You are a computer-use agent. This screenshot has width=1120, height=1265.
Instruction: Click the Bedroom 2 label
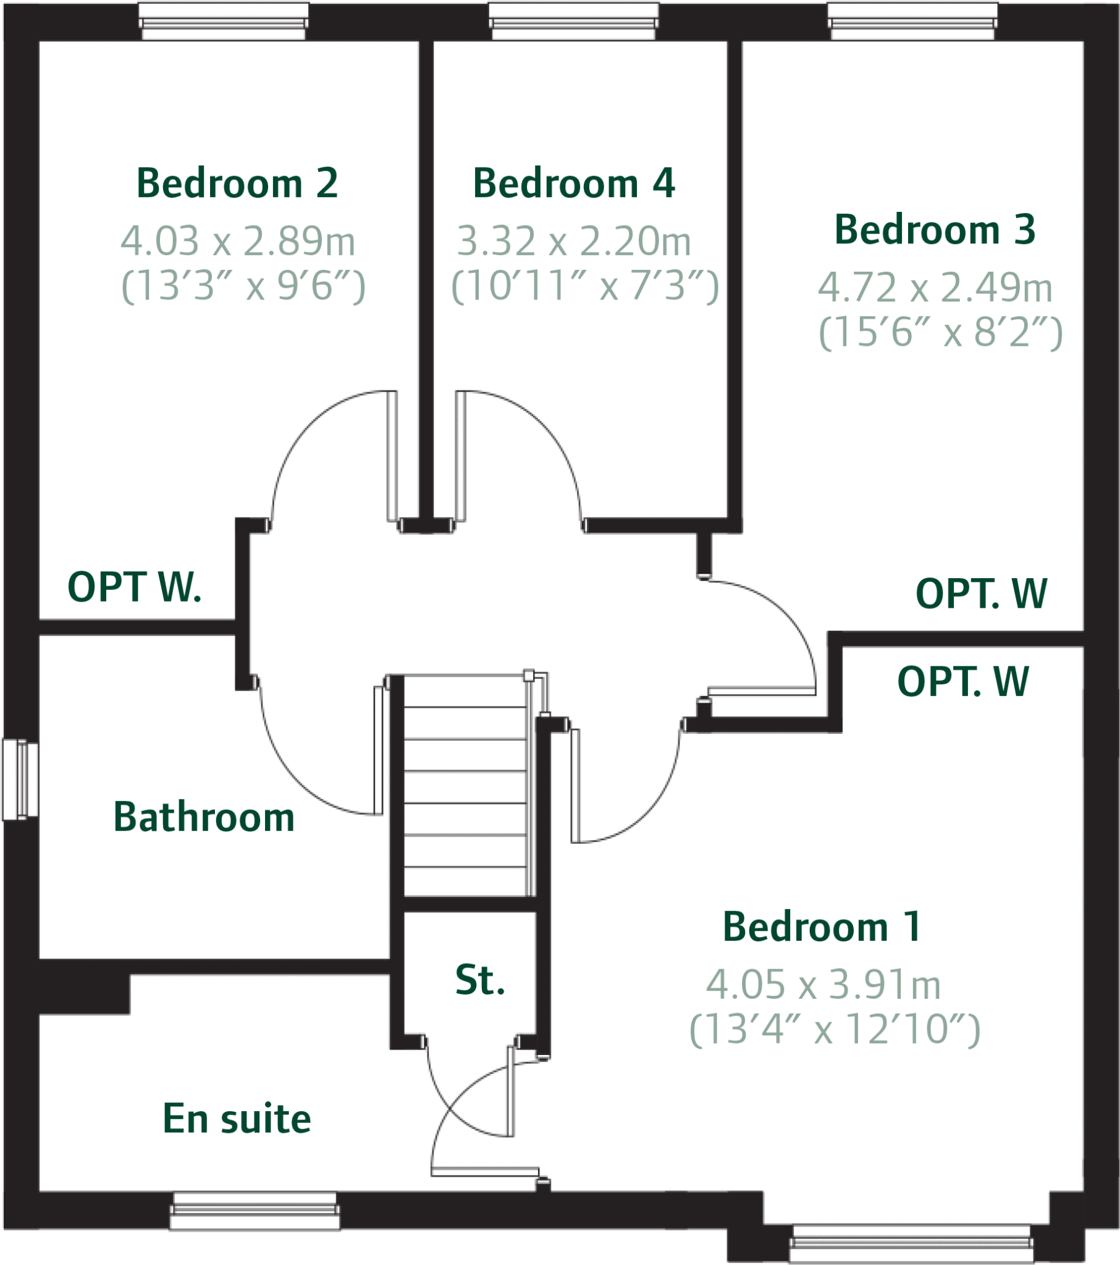click(x=237, y=183)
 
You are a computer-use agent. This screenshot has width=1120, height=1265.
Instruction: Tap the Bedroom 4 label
click(x=573, y=183)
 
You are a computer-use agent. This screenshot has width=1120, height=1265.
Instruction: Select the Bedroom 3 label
click(x=935, y=230)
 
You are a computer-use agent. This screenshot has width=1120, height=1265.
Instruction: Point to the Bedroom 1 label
click(x=822, y=927)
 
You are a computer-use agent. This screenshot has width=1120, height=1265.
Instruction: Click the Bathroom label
click(x=204, y=817)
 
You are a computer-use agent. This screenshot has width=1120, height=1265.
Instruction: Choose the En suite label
click(x=237, y=1119)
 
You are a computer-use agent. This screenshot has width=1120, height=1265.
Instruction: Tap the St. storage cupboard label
click(x=480, y=980)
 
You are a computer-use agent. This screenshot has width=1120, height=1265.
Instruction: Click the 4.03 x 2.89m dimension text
click(x=238, y=241)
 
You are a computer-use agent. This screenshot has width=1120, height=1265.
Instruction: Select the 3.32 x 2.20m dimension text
click(x=574, y=241)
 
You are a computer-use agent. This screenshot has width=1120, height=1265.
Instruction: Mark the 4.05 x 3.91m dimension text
click(x=823, y=984)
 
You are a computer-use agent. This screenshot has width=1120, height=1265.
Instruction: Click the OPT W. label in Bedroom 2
click(x=134, y=587)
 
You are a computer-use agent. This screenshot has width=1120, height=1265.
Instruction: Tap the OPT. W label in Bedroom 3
click(x=982, y=593)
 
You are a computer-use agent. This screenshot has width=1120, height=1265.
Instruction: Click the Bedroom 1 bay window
click(x=911, y=1242)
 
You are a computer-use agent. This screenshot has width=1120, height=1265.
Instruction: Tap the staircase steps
click(x=465, y=786)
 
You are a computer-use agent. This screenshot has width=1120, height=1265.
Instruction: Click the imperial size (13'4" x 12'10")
click(x=835, y=1029)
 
